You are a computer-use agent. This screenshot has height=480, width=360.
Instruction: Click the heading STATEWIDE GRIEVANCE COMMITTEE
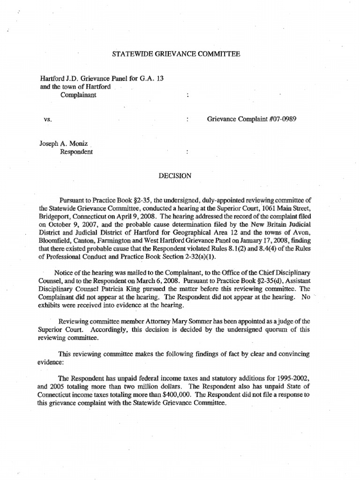pyautogui.click(x=176, y=55)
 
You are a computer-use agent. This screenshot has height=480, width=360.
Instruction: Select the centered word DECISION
pyautogui.click(x=175, y=176)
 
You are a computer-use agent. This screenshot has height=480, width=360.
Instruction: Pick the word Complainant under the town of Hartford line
pyautogui.click(x=78, y=95)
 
